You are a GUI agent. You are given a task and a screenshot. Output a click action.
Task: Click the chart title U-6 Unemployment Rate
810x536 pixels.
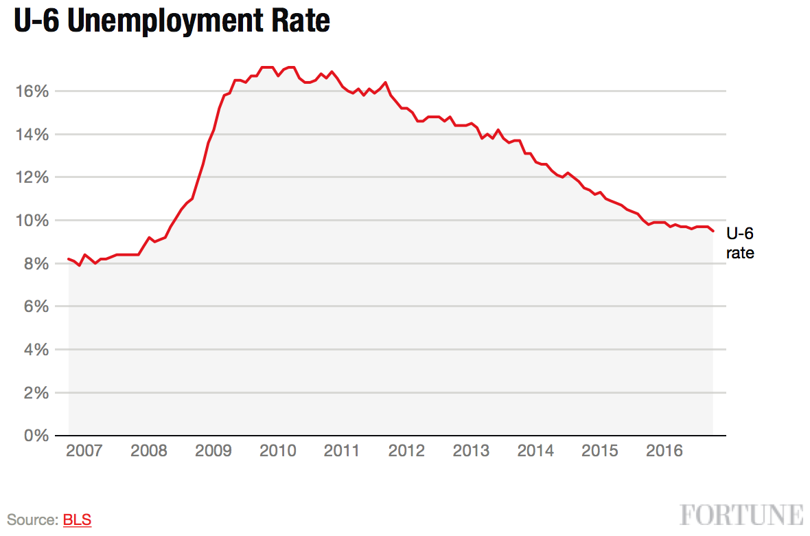click(x=172, y=22)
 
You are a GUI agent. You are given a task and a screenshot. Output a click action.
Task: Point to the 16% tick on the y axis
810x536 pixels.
click(x=30, y=91)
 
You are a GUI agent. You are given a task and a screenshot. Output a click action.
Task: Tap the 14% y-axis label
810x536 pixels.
click(x=30, y=135)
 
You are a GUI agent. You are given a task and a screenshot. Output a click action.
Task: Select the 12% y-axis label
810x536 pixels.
click(x=30, y=177)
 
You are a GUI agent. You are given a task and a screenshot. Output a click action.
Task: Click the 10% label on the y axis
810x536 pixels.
click(x=30, y=221)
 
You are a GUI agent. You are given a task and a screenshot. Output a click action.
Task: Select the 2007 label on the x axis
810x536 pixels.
click(x=84, y=451)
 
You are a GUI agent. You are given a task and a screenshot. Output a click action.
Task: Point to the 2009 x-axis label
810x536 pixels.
click(x=213, y=451)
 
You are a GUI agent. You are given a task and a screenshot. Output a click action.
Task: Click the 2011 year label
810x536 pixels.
click(x=342, y=451)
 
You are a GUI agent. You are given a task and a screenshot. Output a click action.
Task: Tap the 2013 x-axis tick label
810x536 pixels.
click(x=471, y=451)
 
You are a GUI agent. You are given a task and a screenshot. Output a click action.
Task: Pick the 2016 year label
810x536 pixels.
click(x=664, y=451)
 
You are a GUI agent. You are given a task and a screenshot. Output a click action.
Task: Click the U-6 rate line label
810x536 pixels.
click(x=740, y=243)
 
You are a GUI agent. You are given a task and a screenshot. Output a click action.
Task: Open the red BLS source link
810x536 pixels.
click(x=77, y=520)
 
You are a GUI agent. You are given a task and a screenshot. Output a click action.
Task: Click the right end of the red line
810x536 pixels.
click(x=713, y=231)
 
